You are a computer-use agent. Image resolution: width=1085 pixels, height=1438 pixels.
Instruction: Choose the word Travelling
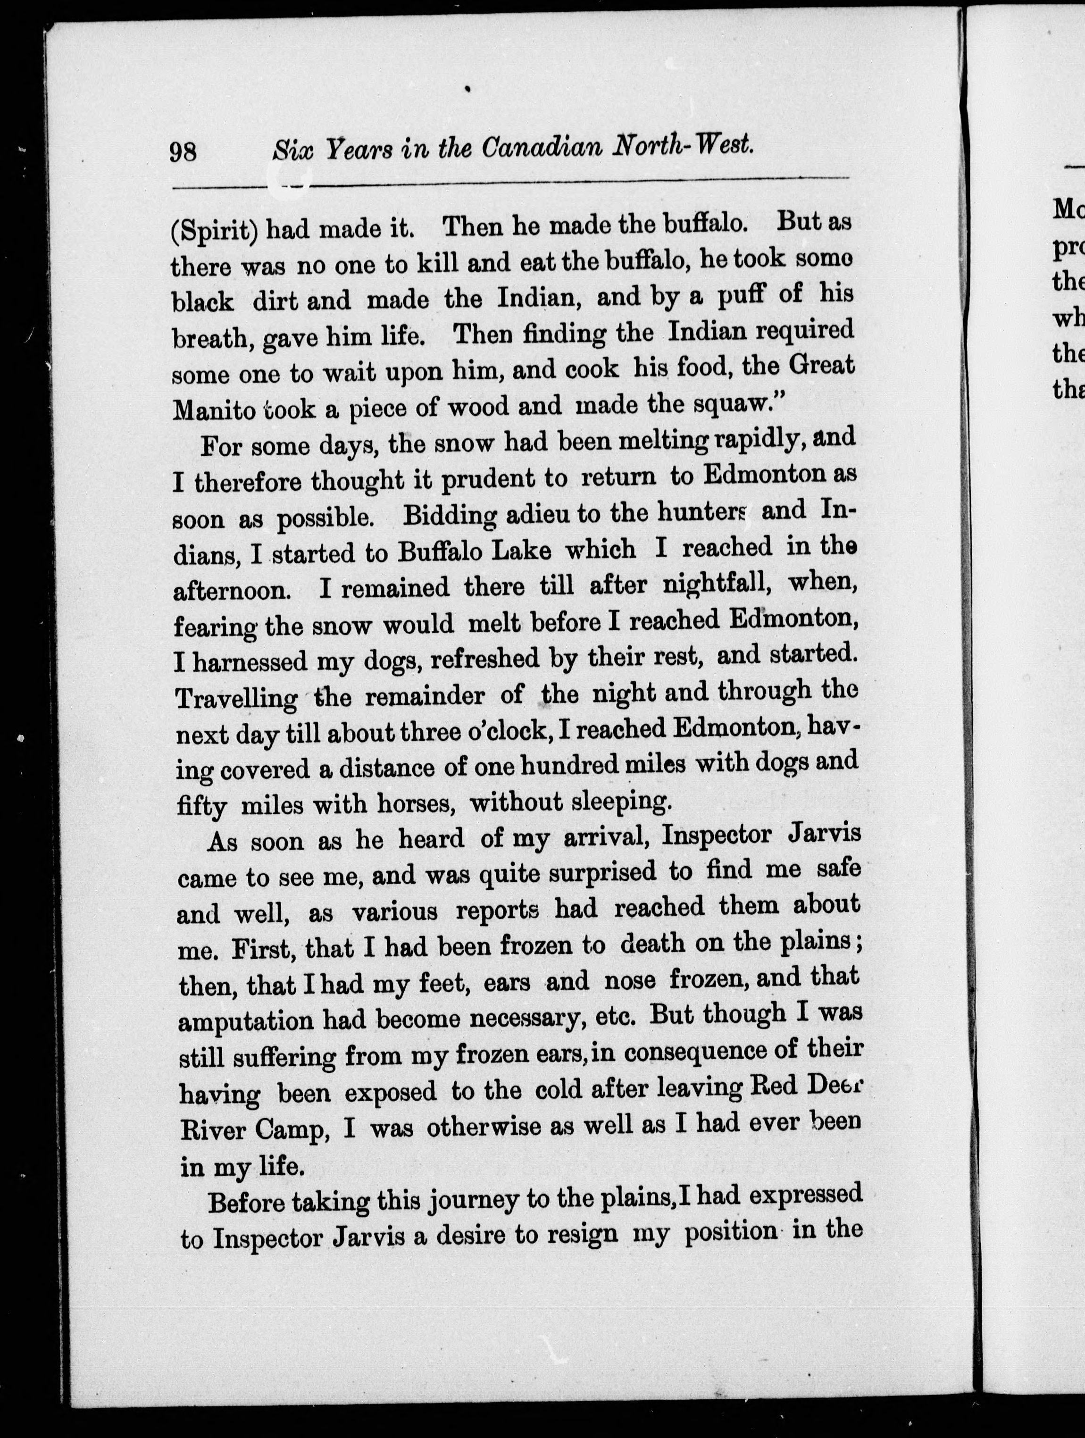pyautogui.click(x=237, y=698)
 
